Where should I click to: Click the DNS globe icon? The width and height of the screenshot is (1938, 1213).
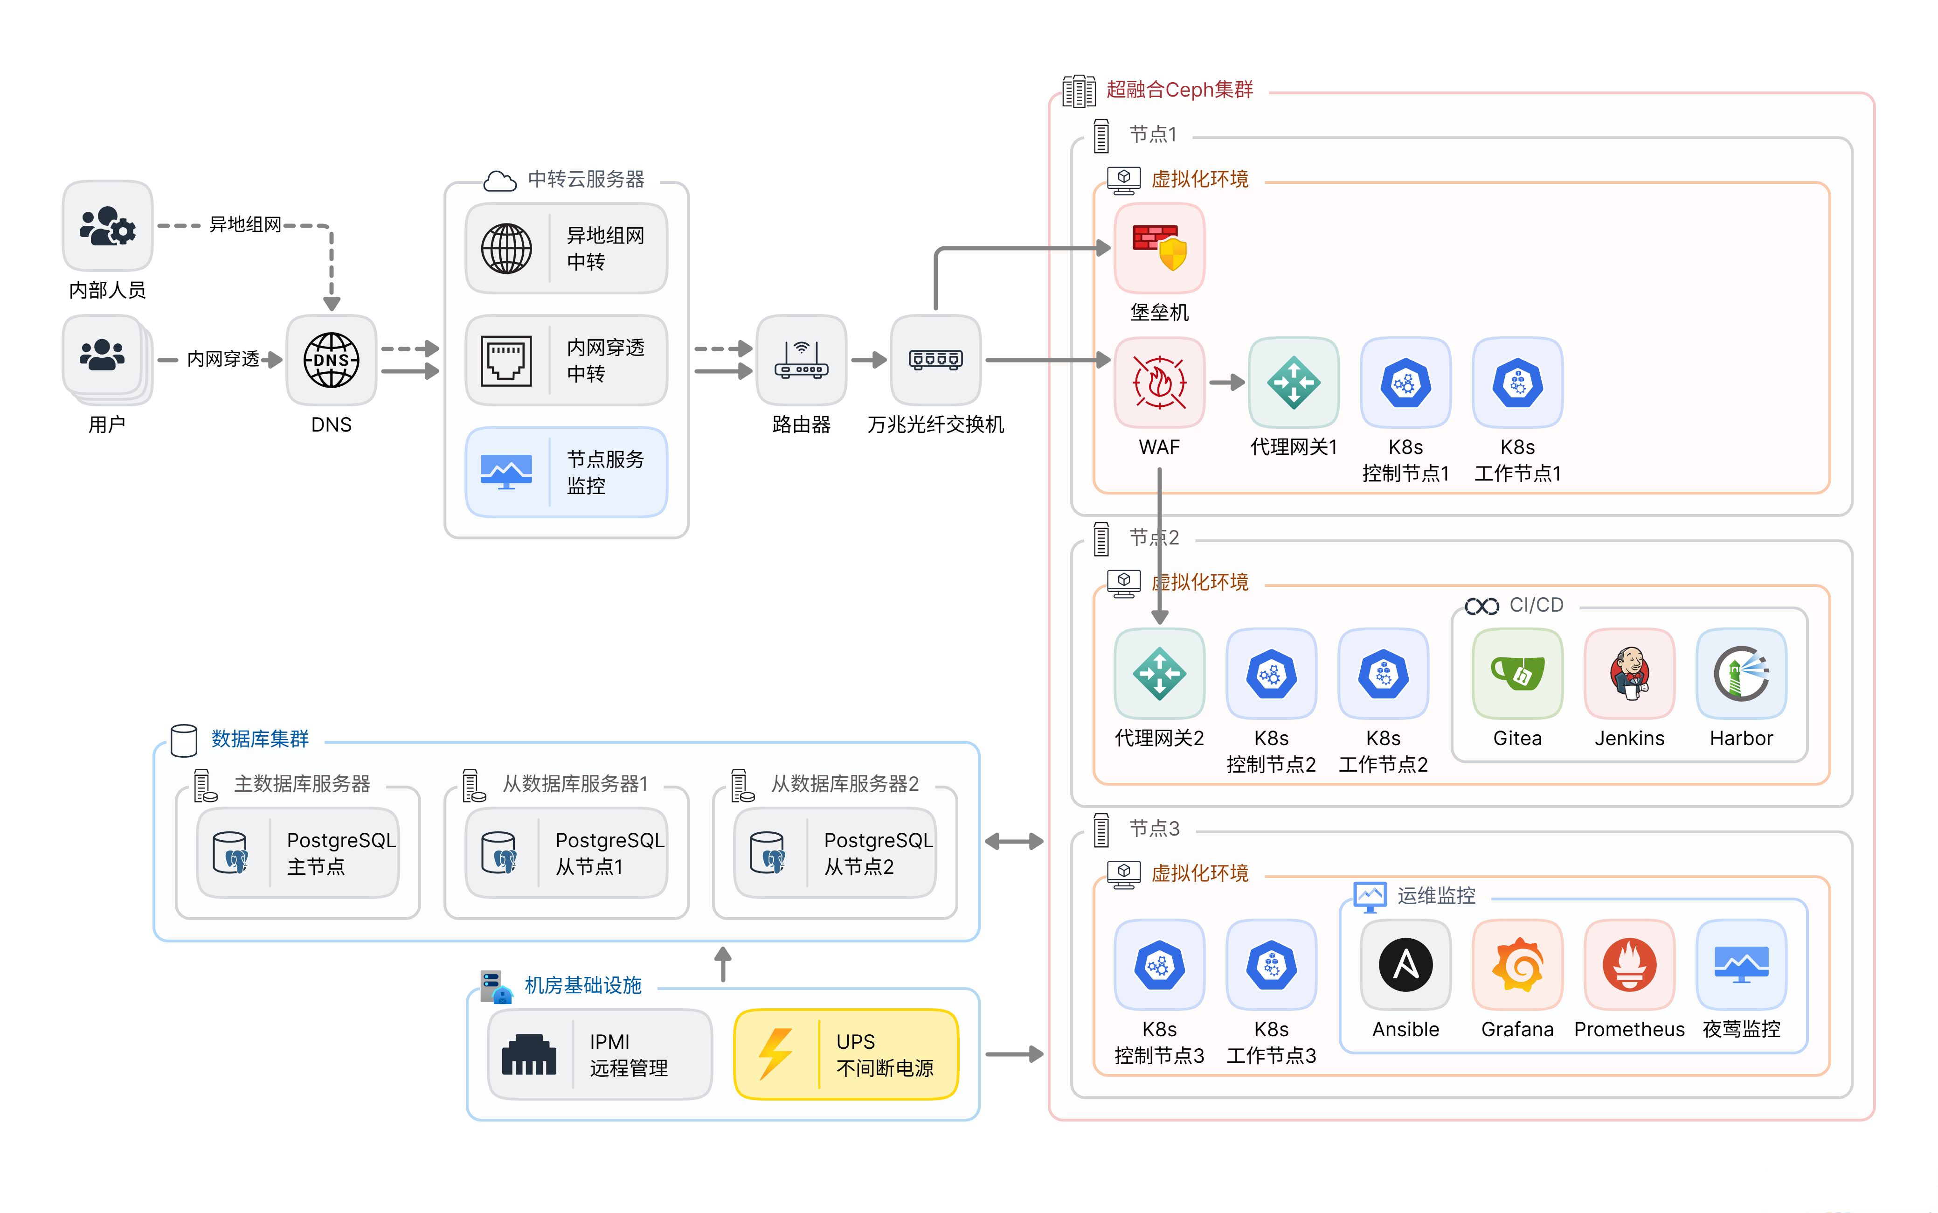[331, 360]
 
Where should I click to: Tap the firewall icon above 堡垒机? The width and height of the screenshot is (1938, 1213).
[1159, 247]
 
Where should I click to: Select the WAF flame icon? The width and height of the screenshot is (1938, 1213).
[1159, 383]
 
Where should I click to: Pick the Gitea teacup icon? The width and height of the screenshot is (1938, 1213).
[1517, 674]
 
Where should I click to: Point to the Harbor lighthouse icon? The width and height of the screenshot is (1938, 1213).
[1741, 674]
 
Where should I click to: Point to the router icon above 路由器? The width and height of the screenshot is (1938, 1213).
[801, 360]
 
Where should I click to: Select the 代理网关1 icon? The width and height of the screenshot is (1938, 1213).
[1294, 383]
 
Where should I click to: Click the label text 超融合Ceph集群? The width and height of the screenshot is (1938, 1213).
[1179, 90]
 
